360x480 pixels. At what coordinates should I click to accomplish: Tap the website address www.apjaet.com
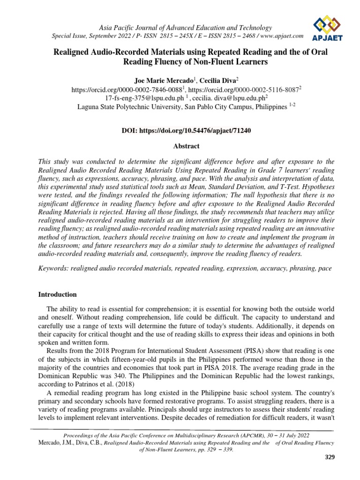tap(280, 36)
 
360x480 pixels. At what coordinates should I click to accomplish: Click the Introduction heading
tap(57, 294)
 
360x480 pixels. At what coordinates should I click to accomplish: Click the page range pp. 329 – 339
tap(211, 450)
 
